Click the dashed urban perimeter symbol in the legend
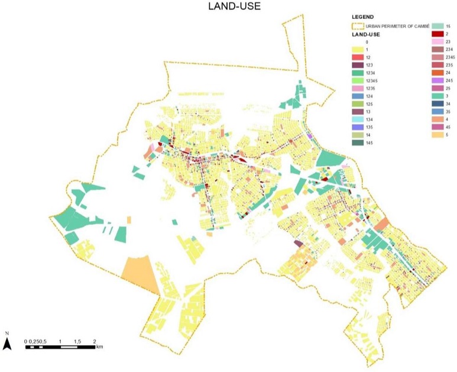[x=356, y=26]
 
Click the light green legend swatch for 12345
[x=356, y=80]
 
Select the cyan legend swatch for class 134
[x=356, y=119]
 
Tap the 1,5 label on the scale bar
[x=78, y=342]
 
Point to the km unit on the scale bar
[x=100, y=347]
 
